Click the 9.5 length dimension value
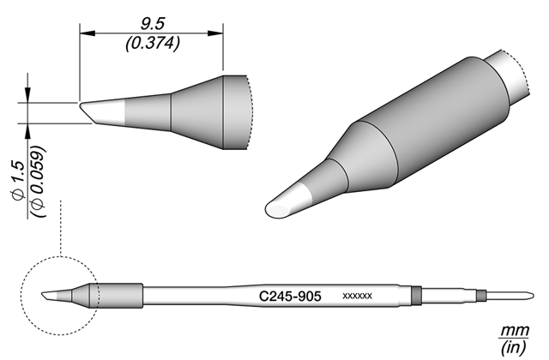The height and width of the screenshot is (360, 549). (x=153, y=25)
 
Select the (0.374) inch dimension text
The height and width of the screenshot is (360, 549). (x=153, y=44)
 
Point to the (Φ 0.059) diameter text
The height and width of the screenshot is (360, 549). (x=38, y=181)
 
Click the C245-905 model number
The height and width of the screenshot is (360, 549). (x=290, y=297)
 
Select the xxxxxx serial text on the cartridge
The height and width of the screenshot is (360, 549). (x=357, y=297)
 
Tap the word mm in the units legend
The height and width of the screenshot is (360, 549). (x=515, y=330)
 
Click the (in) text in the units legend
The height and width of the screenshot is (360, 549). (x=514, y=347)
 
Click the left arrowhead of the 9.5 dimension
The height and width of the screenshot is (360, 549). (x=87, y=33)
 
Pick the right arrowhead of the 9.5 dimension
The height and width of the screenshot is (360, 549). (x=215, y=33)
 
